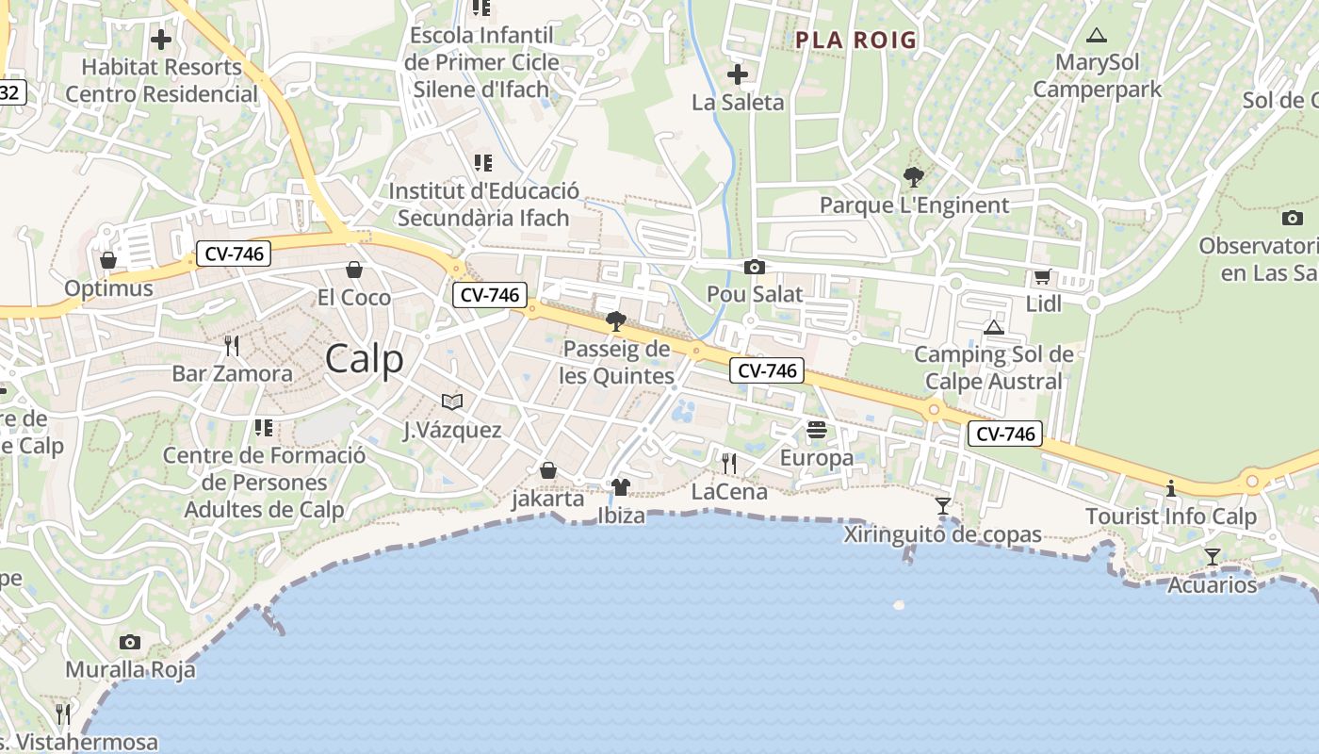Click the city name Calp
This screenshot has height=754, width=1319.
coord(365,359)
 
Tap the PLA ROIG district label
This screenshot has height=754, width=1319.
coord(855,40)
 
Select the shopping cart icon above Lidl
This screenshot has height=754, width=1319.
coord(1042,276)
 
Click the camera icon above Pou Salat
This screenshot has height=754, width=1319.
coord(755,268)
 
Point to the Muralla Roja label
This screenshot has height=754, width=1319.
coord(130,670)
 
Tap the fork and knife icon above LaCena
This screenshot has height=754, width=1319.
coord(729,463)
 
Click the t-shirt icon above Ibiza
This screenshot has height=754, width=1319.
coord(621,487)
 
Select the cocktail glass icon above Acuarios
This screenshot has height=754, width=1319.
coord(1213,557)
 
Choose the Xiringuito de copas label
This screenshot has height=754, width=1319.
coord(942,534)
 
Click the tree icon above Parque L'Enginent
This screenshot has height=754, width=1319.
coord(913,176)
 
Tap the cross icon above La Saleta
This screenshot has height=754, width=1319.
coord(738,74)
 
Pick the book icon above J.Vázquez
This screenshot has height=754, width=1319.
coord(452,402)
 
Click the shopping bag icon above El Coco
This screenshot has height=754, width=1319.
coord(354,270)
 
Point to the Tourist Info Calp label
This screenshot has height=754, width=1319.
coord(1171,516)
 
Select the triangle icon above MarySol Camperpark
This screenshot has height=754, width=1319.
coord(1096,36)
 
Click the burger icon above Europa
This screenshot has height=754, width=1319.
coord(817,430)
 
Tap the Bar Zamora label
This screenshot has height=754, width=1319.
coord(232,373)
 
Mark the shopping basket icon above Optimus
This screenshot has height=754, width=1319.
coord(108,260)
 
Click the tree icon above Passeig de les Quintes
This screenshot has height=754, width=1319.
coord(616,321)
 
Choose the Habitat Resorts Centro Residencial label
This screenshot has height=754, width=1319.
coord(161,80)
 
